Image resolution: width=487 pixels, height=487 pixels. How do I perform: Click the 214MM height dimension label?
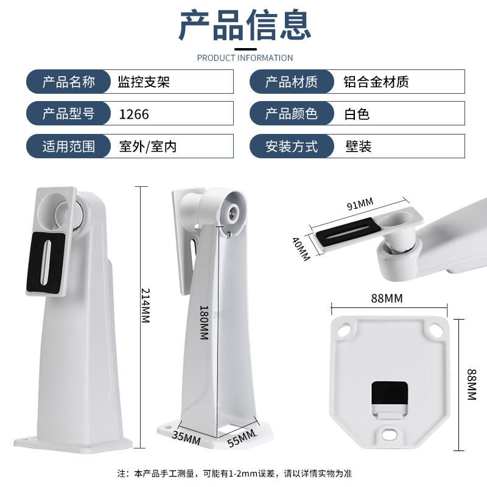[x=145, y=306]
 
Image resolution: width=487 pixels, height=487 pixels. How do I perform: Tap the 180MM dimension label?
[x=204, y=323]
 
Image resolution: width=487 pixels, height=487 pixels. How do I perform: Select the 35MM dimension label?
[x=186, y=438]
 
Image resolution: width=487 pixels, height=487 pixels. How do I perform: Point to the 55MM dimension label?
[x=242, y=438]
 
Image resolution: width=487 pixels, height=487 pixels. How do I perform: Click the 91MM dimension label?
[x=360, y=204]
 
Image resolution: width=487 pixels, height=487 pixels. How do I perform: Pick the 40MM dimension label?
[x=301, y=249]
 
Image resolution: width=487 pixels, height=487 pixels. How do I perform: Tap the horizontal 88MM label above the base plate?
[x=387, y=298]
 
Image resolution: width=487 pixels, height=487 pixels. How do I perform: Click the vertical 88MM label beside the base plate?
[x=471, y=384]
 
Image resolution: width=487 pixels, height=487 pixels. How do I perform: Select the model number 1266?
[x=134, y=114]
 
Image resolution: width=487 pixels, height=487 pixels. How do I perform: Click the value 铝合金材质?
[x=376, y=82]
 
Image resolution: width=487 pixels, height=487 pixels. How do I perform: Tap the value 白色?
[x=357, y=114]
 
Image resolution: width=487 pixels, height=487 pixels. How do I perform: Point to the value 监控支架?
[x=144, y=82]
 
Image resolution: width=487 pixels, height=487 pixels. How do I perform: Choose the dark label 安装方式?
[x=292, y=146]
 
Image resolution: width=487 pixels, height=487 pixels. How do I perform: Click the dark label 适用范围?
[x=69, y=146]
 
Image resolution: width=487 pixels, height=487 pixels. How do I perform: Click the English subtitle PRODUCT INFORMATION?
[x=245, y=58]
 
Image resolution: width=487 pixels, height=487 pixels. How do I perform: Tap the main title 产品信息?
[x=245, y=24]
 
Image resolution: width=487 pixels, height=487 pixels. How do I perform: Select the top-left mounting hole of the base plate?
[x=345, y=329]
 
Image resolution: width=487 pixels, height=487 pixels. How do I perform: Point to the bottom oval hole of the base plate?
[x=390, y=435]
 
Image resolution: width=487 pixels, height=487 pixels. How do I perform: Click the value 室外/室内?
[x=148, y=146]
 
